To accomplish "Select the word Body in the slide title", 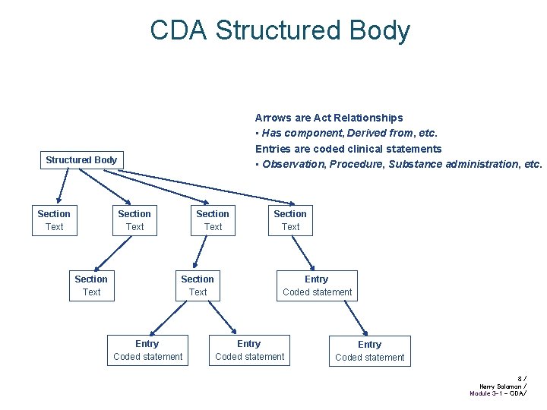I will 384,30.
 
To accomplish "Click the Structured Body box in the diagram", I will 81,159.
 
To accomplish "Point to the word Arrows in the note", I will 272,118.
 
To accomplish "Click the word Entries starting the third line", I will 273,149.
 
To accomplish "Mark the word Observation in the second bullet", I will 292,164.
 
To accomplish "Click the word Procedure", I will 356,164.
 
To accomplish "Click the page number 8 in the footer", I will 519,377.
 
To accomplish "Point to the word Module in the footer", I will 480,393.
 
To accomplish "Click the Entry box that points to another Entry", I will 317,285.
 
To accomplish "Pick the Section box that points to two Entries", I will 198,285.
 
